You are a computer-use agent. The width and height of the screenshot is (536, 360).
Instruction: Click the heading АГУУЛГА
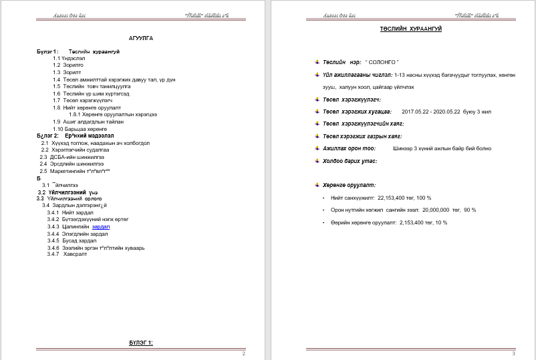(x=141, y=38)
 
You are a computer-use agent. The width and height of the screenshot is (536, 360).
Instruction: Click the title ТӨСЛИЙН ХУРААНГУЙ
(x=411, y=29)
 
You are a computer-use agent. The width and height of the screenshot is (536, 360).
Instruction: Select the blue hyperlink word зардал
(x=100, y=227)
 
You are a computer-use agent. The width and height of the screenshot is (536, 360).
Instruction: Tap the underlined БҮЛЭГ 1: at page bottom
(x=141, y=343)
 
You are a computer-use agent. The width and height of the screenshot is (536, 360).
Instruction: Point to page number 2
(x=244, y=353)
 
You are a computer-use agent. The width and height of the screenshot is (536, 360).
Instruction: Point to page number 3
(x=513, y=353)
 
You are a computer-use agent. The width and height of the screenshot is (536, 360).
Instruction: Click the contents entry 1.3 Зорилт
(x=68, y=71)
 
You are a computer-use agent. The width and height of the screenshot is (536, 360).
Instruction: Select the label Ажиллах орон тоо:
(x=349, y=148)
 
